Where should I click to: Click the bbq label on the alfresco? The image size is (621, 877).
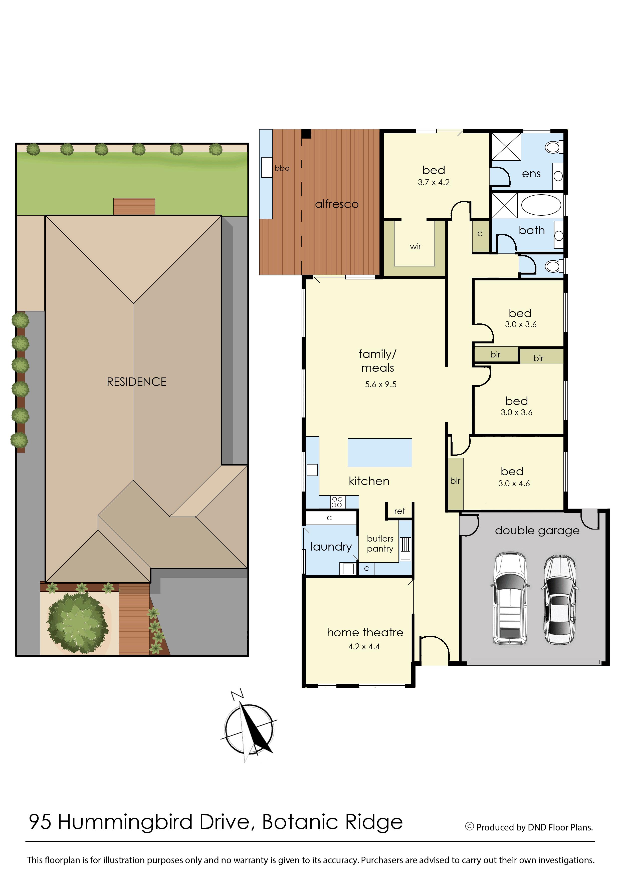point(282,168)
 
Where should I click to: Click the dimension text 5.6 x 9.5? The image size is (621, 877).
point(380,384)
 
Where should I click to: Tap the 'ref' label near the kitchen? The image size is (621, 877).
point(399,511)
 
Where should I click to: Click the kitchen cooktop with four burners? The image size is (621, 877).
point(337,502)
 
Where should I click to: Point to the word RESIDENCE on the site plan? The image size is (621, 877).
point(136,382)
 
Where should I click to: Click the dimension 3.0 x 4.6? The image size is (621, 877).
point(514,484)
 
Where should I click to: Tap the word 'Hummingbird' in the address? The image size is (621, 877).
point(125,822)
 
